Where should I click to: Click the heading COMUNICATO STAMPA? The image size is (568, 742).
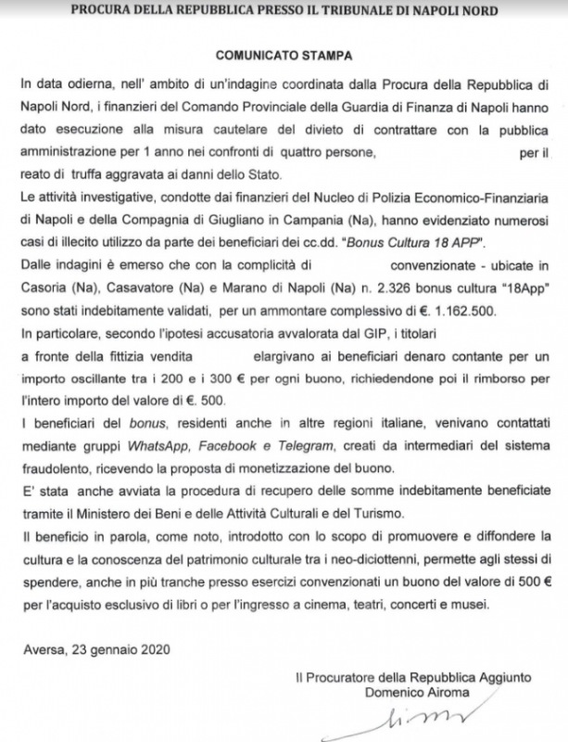tap(284, 56)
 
